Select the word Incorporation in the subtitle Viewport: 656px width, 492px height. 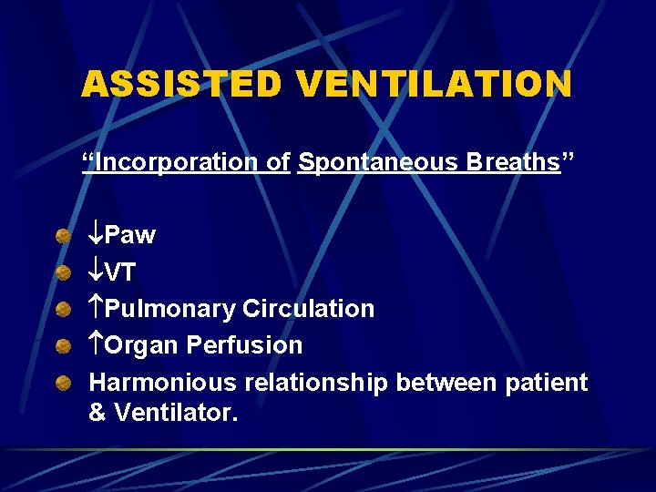(x=177, y=163)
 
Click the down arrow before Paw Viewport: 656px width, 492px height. (x=97, y=236)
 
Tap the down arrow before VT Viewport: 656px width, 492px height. (x=97, y=272)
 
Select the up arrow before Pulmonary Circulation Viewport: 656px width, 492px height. (x=97, y=309)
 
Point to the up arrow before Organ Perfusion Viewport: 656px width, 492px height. (x=97, y=345)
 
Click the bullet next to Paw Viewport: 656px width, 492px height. (x=63, y=237)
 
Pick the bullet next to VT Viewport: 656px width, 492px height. (x=63, y=273)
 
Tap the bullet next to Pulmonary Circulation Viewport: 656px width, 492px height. (x=63, y=310)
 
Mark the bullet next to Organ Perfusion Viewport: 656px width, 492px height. (x=63, y=346)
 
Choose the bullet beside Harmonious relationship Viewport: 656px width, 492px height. (x=63, y=383)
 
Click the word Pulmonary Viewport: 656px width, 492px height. (x=170, y=309)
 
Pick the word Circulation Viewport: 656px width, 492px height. (x=309, y=309)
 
